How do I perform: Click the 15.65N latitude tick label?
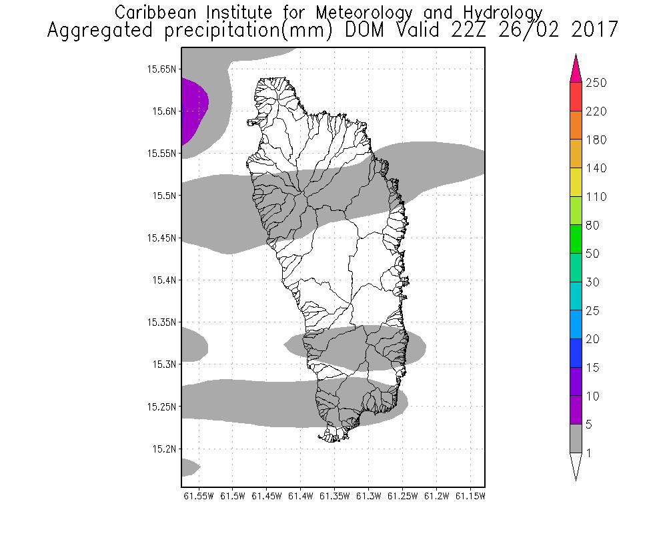(x=163, y=69)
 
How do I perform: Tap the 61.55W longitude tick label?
(x=197, y=496)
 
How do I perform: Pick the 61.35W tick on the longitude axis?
(x=334, y=496)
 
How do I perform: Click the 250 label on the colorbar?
(x=596, y=83)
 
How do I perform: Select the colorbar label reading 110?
(x=596, y=197)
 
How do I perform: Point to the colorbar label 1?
(x=588, y=453)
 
